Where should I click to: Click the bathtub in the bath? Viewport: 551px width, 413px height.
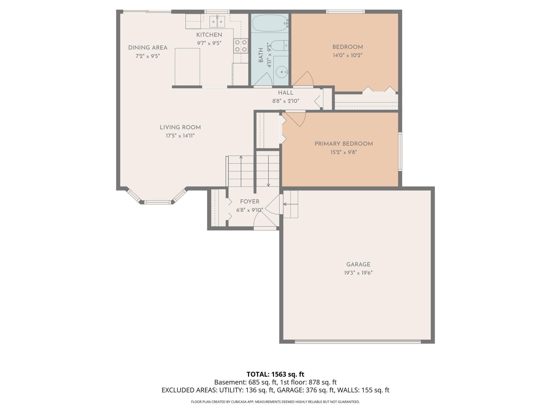(270, 23)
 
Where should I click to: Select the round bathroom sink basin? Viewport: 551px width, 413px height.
(281, 71)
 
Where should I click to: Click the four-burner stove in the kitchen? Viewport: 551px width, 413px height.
(241, 46)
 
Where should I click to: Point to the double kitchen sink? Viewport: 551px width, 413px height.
(217, 22)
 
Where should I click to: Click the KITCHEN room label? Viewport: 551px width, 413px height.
(209, 35)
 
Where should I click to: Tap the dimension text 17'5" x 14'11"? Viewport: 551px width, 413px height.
(180, 136)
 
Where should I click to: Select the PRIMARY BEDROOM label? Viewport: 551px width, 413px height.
(344, 144)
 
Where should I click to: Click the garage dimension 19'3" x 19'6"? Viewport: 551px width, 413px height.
(358, 273)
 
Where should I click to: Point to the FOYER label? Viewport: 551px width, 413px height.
(250, 202)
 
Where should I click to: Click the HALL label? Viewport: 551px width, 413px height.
(286, 93)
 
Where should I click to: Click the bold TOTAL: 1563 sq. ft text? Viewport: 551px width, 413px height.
(275, 374)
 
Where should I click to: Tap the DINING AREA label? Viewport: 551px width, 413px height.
(148, 48)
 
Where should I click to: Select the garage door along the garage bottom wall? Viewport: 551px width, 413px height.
(358, 342)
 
